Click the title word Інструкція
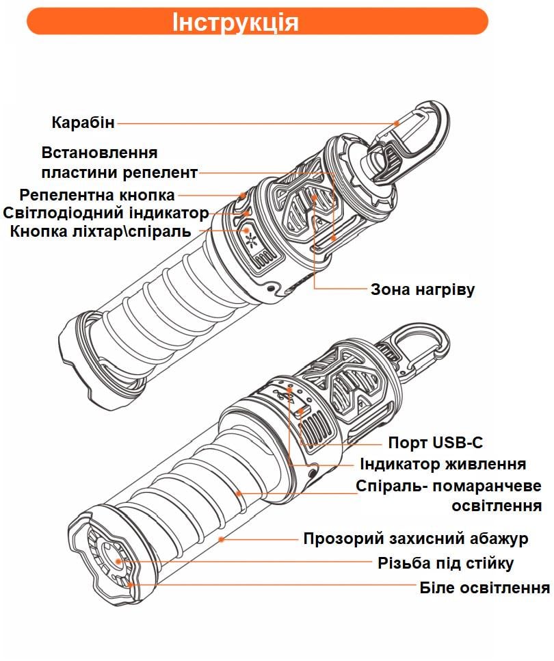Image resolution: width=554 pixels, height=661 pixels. point(235,21)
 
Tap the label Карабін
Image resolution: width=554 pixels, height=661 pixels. point(83,123)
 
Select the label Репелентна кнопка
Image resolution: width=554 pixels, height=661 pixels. point(97,195)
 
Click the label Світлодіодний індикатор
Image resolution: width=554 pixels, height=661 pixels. point(106,213)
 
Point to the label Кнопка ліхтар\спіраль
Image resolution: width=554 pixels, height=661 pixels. point(101,231)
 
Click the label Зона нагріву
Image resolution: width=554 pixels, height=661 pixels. point(423,289)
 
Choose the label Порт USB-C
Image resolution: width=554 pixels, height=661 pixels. point(436,443)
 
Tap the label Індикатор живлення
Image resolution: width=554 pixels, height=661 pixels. point(443,464)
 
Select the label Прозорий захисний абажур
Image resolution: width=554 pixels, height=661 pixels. point(416,539)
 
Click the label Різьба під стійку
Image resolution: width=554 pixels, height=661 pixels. point(446,563)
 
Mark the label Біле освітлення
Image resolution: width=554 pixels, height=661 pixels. point(485,588)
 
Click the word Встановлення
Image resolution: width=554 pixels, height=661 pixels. point(100,152)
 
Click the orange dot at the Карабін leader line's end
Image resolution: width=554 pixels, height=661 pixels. point(397,124)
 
